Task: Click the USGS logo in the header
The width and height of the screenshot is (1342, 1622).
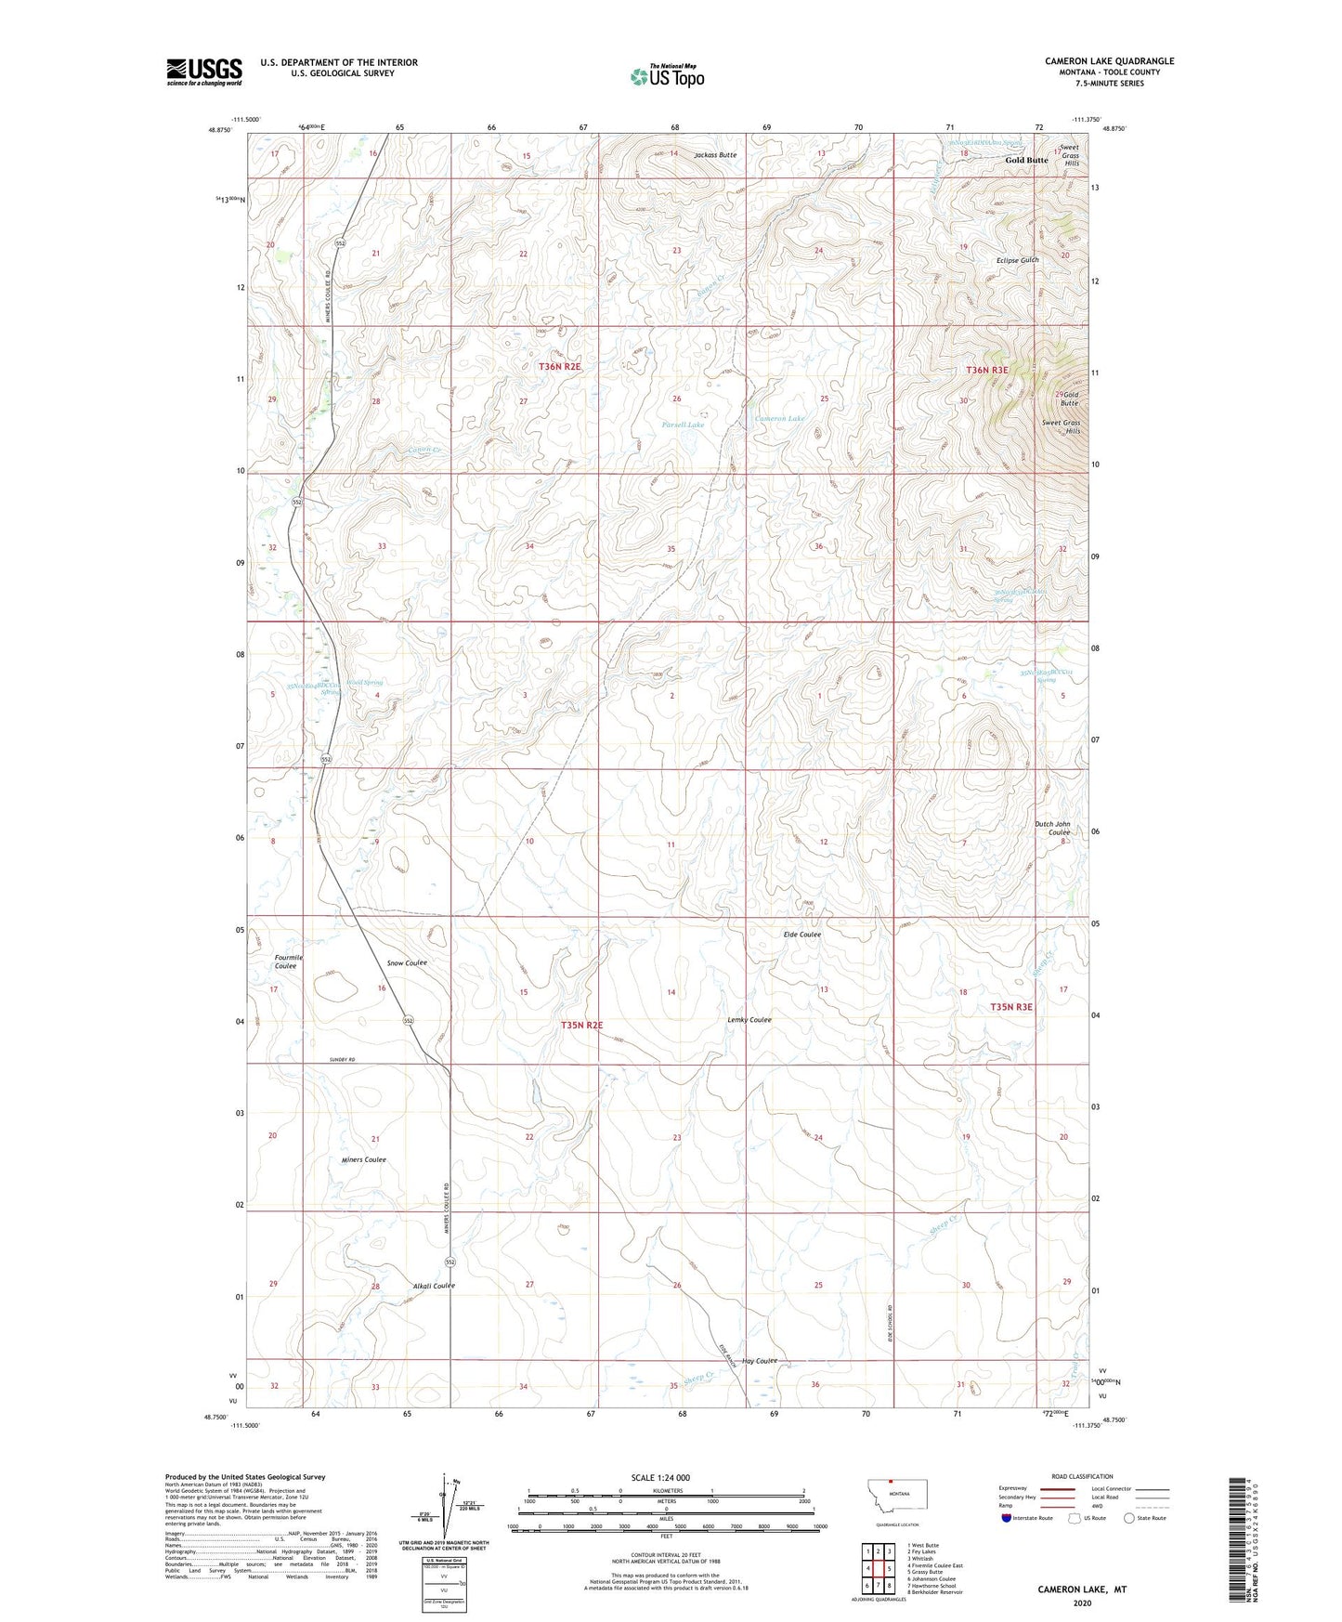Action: [x=204, y=72]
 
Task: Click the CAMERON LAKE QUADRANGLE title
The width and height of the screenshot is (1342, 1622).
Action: [x=1109, y=61]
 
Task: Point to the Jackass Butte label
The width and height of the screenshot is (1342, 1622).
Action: [x=715, y=155]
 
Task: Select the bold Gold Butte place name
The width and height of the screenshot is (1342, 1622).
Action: [x=1026, y=160]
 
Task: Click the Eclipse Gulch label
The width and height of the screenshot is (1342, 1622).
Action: [x=1017, y=260]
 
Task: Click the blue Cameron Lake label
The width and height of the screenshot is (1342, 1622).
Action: [x=779, y=419]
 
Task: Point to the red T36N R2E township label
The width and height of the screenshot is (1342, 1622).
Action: [x=560, y=367]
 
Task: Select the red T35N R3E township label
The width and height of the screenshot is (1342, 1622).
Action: [x=1011, y=1007]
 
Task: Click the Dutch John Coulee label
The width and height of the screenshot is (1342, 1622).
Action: [x=1052, y=828]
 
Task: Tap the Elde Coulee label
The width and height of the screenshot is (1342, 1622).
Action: [x=802, y=935]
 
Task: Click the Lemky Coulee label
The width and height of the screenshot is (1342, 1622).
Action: [x=749, y=1020]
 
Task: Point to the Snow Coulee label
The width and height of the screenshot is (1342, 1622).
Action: [x=407, y=962]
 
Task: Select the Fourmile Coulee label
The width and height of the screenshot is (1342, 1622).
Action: [x=286, y=961]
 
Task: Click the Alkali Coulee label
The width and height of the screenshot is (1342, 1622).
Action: [x=434, y=1286]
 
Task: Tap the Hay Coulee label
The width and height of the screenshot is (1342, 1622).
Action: [x=759, y=1361]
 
